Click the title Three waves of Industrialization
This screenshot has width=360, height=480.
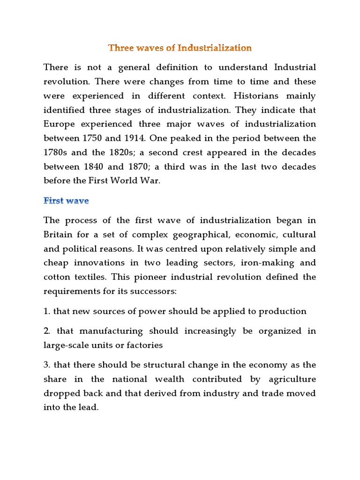pyautogui.click(x=180, y=48)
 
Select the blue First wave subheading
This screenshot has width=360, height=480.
pyautogui.click(x=66, y=201)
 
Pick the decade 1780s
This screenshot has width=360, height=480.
pyautogui.click(x=56, y=153)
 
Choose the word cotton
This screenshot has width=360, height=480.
pyautogui.click(x=57, y=277)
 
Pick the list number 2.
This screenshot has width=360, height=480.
pyautogui.click(x=47, y=331)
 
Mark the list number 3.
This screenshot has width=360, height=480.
pyautogui.click(x=47, y=365)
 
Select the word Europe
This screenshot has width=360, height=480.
pyautogui.click(x=58, y=124)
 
